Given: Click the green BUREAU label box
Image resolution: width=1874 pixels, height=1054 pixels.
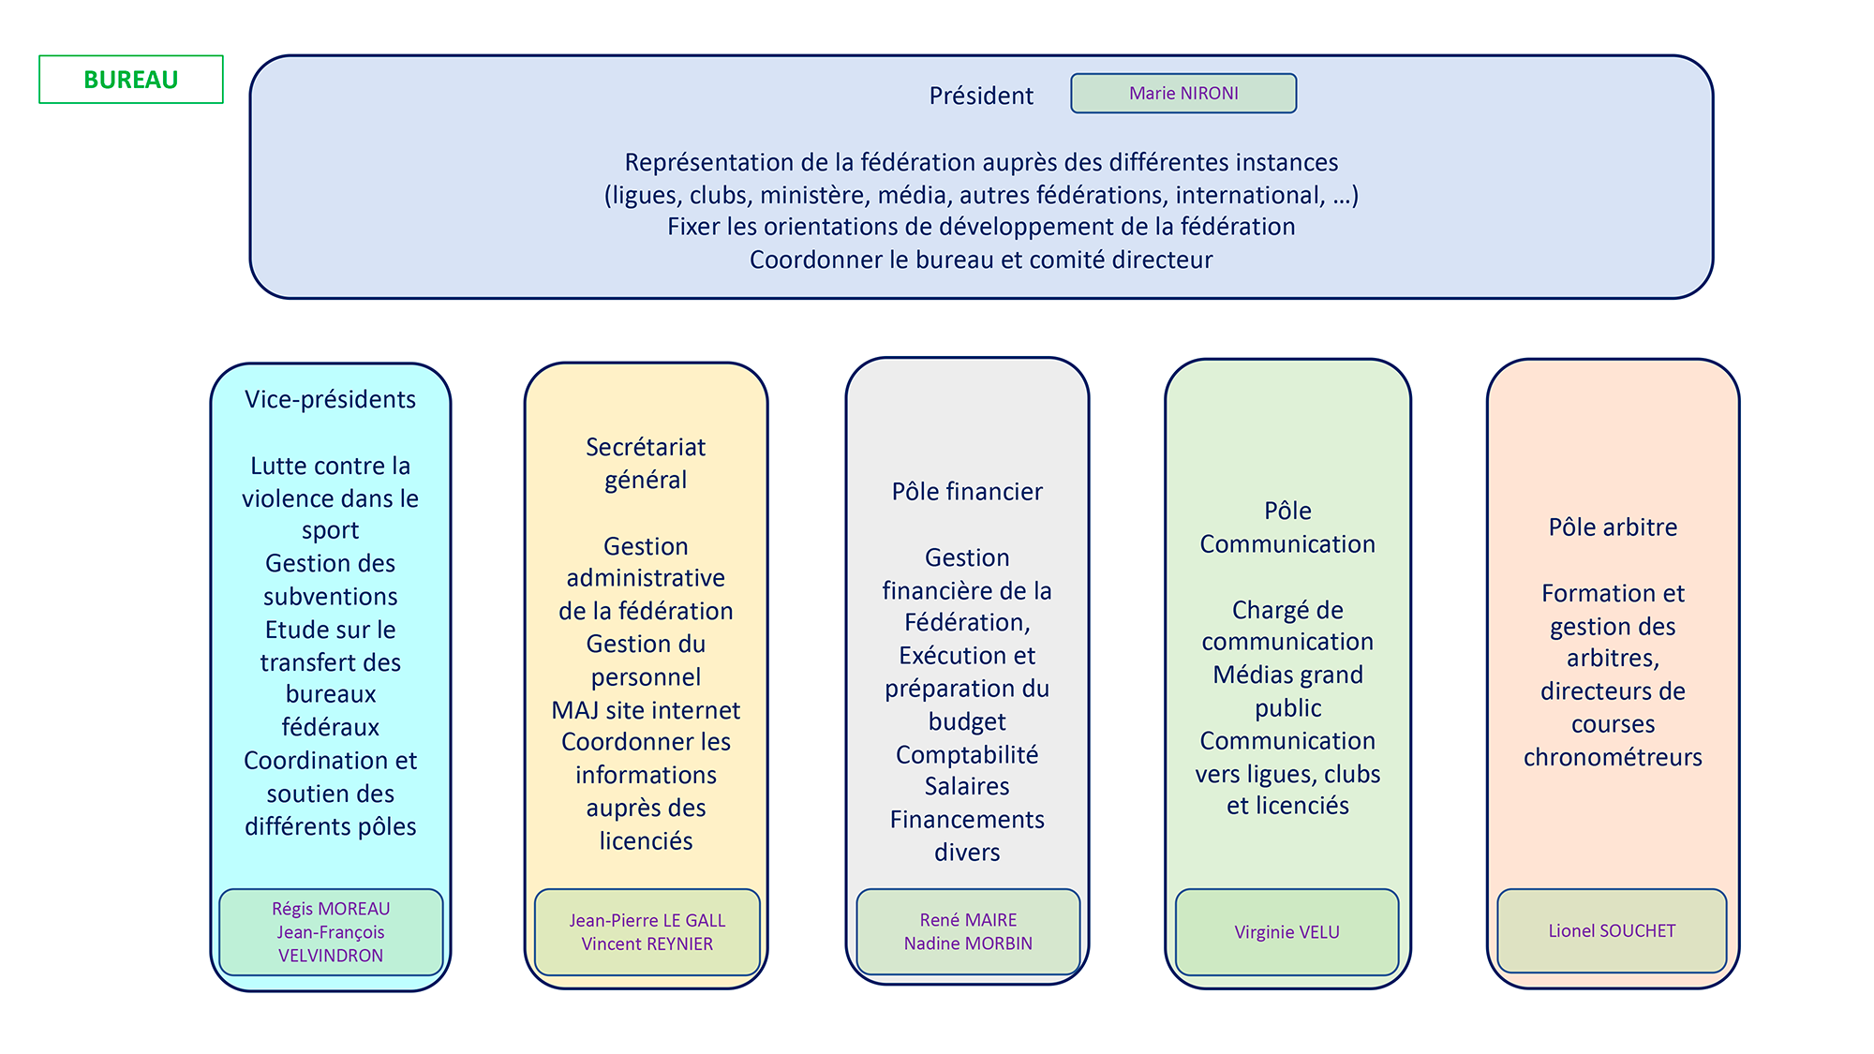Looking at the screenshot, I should pyautogui.click(x=131, y=80).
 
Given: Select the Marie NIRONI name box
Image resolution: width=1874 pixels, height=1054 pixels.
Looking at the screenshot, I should pyautogui.click(x=1183, y=94).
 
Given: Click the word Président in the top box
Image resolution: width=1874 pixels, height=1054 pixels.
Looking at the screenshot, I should pyautogui.click(x=981, y=96).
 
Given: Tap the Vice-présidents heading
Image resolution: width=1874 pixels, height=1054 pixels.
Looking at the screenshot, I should pyautogui.click(x=330, y=399).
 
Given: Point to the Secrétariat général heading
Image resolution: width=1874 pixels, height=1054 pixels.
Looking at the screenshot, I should pyautogui.click(x=646, y=463).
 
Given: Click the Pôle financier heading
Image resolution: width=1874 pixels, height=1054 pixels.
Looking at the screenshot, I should pyautogui.click(x=967, y=492).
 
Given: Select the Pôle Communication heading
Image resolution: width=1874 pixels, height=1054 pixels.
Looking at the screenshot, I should pyautogui.click(x=1287, y=527).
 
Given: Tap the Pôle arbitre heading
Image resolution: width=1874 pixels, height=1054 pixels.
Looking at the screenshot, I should pyautogui.click(x=1613, y=527).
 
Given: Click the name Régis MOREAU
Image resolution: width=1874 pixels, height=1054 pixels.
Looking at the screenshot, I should pyautogui.click(x=331, y=909).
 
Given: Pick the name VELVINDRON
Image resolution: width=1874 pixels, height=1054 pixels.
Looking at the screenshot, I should pyautogui.click(x=331, y=956).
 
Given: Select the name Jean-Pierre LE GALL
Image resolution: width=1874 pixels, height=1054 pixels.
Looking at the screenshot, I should pyautogui.click(x=647, y=921).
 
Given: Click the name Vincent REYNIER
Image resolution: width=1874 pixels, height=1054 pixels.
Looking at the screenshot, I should pyautogui.click(x=647, y=944).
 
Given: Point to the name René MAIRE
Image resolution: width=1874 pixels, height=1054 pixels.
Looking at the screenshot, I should pyautogui.click(x=968, y=920).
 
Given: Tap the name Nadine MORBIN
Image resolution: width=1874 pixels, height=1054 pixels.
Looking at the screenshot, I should pyautogui.click(x=968, y=943).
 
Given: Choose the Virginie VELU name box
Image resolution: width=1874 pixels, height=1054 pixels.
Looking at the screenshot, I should pyautogui.click(x=1287, y=932).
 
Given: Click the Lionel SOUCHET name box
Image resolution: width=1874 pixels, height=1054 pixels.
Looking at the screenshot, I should pyautogui.click(x=1612, y=930).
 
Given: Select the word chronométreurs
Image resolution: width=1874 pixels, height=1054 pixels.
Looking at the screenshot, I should pyautogui.click(x=1613, y=757).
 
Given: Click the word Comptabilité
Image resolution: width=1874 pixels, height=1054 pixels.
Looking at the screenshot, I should pyautogui.click(x=967, y=754).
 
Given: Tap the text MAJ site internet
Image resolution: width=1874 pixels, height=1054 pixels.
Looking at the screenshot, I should pyautogui.click(x=646, y=710).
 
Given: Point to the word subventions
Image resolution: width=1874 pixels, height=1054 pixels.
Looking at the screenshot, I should pyautogui.click(x=330, y=597).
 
